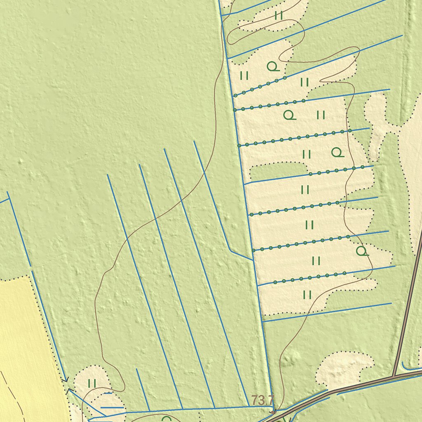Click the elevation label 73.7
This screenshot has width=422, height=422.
263,399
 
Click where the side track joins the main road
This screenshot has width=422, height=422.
394,376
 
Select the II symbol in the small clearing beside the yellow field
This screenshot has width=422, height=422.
92,384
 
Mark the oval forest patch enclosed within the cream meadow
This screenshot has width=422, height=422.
279,169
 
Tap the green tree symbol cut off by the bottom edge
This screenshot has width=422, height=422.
166,419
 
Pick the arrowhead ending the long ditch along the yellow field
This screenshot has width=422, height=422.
65,379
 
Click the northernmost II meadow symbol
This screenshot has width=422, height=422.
279,16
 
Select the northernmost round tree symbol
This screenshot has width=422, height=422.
273,66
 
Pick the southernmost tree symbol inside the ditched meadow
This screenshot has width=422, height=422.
362,251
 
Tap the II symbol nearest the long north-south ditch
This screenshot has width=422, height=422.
244,75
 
